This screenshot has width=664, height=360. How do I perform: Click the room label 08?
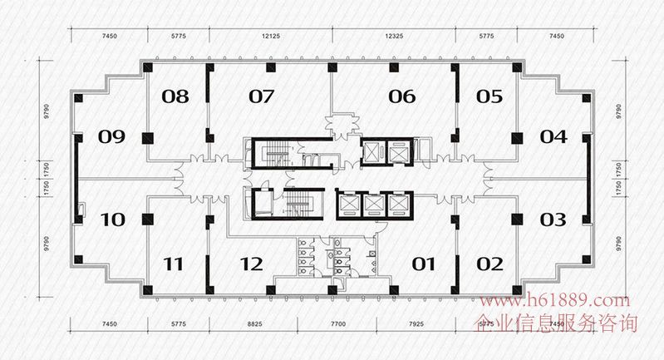pos(175,96)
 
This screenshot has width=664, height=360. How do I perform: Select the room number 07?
pos(261,96)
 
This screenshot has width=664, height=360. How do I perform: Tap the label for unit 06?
pos(401,96)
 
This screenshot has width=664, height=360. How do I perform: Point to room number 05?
pos(489,96)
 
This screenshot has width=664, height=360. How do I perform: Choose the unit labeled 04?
pos(553,136)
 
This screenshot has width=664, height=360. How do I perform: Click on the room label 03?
pos(553,220)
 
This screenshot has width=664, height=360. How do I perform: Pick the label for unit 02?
pos(489,264)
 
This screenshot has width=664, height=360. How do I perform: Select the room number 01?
pos(424,264)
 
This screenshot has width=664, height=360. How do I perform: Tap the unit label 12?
pos(250,264)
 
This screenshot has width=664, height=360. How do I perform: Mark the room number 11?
pos(173,264)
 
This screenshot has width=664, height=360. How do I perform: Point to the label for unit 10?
pos(111,220)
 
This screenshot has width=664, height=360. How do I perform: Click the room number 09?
pos(111,136)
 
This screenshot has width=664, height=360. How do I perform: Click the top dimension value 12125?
pos(268,36)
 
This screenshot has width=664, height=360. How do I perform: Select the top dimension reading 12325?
pos(394,36)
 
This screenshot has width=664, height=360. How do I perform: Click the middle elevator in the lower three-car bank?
pos(376,204)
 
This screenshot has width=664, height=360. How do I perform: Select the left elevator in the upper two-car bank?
pos(372,152)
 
